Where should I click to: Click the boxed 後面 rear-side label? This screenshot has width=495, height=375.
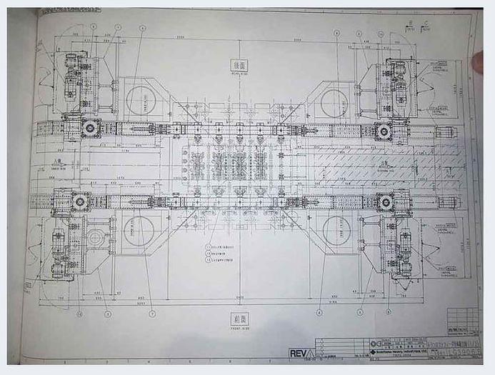tap(239, 64)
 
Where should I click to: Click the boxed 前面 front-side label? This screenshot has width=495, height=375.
tap(239, 319)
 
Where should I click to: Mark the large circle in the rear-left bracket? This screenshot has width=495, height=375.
tap(140, 101)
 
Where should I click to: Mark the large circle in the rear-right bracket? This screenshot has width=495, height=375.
tap(334, 102)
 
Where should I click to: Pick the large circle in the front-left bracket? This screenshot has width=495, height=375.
tap(138, 231)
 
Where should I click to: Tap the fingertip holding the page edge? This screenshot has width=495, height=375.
tap(479, 63)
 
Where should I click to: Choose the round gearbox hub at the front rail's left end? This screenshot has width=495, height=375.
tap(80, 202)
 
